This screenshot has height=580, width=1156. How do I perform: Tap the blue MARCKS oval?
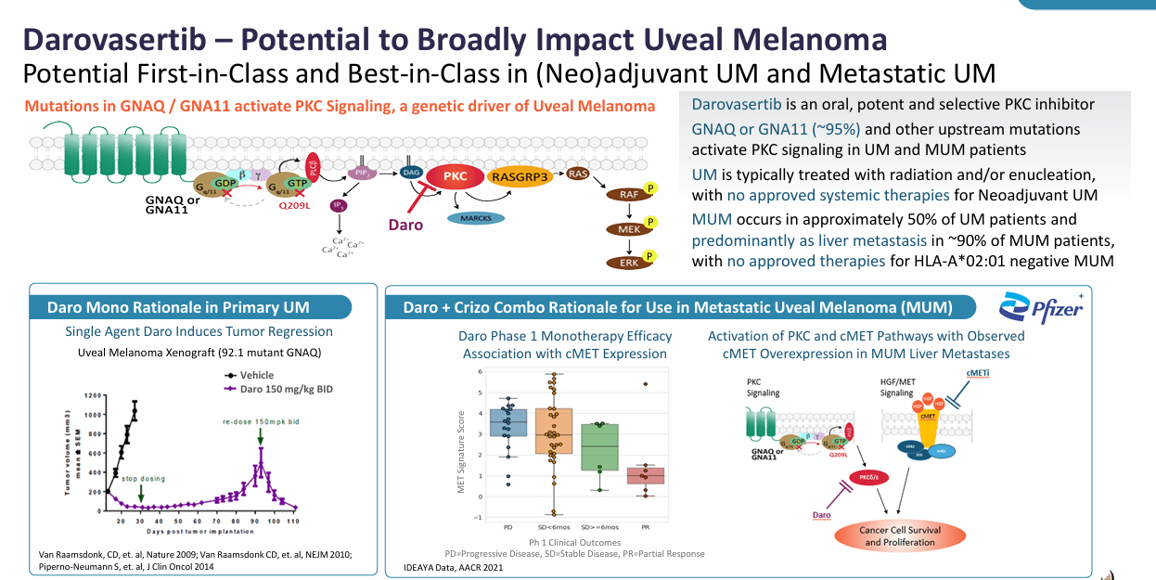475,217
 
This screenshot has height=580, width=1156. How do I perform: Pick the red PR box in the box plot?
645,475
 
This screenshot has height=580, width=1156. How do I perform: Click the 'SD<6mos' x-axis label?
554,527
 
